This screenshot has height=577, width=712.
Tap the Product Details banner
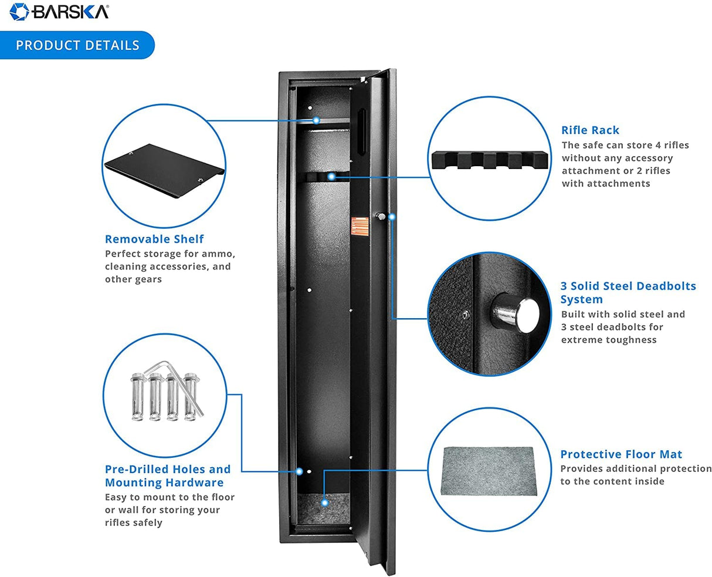coord(77,45)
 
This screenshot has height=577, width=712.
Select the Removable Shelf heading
coord(154,239)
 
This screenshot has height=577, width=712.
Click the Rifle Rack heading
coord(590,130)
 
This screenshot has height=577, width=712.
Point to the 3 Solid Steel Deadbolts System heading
coord(628,292)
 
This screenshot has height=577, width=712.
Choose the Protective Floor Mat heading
coord(621,454)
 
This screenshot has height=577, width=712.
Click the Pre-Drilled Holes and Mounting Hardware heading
coord(167,476)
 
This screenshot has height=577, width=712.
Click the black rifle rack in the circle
coord(491,160)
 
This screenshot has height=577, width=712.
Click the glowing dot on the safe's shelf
coord(316,120)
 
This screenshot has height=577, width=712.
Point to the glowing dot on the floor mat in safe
coord(325,502)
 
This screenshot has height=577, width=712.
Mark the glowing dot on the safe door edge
coord(392,217)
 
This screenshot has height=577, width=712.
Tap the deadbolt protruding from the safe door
coord(381,217)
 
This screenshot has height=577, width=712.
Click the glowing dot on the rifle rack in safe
coord(331,176)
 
